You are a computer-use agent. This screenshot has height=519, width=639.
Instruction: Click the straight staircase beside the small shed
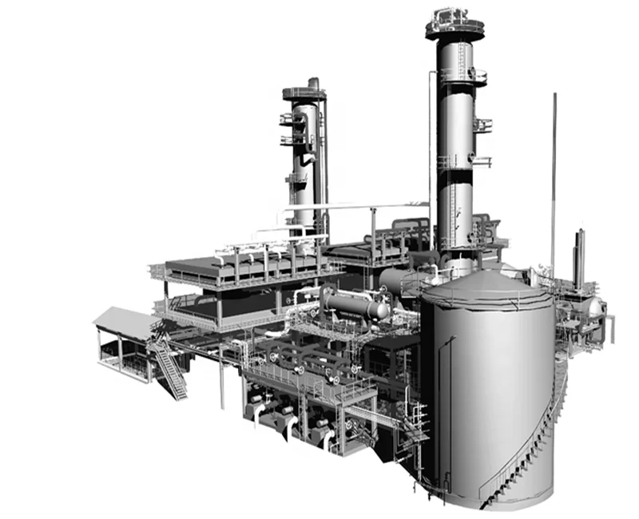click(171, 371)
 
